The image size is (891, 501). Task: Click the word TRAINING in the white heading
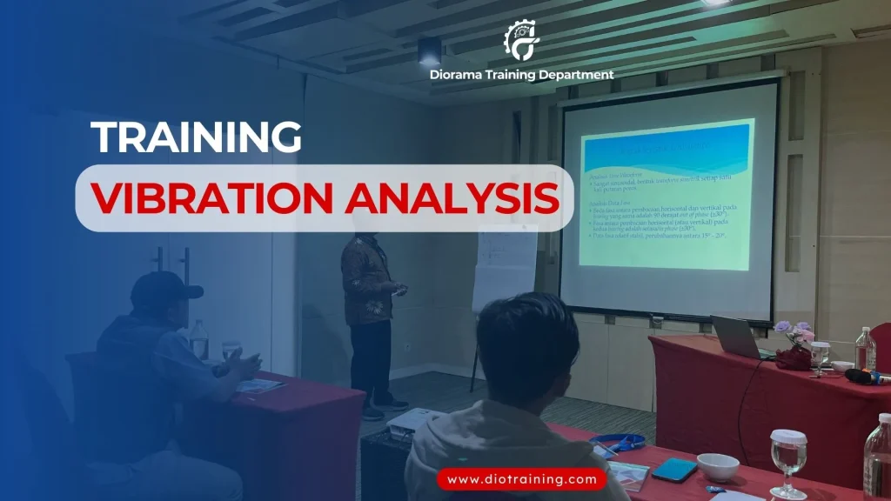tap(197, 137)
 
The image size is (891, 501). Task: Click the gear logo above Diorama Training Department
tap(521, 39)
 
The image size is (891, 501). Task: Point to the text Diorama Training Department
tap(521, 75)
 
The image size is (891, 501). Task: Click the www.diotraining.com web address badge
tap(522, 478)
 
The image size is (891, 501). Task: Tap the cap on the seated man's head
tap(164, 291)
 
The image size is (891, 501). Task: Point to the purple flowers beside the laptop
tap(794, 331)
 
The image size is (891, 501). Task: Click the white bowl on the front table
tap(718, 466)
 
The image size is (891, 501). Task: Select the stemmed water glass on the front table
tap(788, 459)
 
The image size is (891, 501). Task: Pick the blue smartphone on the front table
tap(674, 470)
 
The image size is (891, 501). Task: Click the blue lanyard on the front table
tap(620, 442)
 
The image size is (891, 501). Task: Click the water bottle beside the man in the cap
tap(199, 338)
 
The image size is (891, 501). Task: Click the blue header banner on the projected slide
tap(666, 149)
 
